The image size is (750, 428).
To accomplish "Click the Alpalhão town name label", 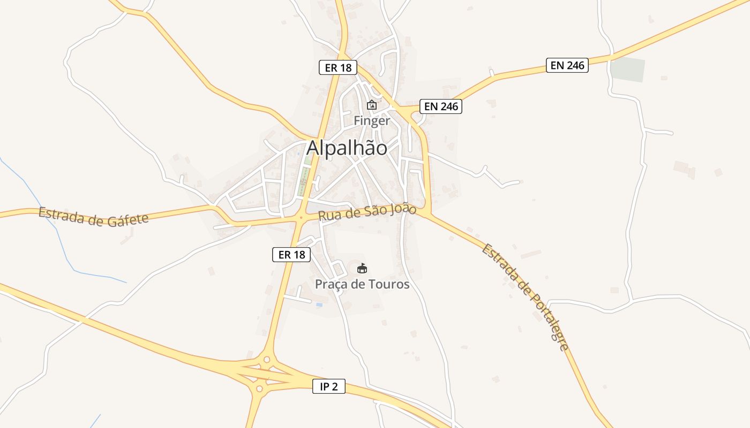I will (x=347, y=148).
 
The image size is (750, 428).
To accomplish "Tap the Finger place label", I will (x=372, y=121).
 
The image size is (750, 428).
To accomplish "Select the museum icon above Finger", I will (x=372, y=105).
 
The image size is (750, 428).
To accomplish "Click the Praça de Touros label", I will (x=362, y=284).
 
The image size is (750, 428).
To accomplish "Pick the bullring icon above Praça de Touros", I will (x=362, y=268).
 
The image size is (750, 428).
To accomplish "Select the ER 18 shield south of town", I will (x=291, y=255).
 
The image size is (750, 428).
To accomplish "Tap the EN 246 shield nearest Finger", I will (x=440, y=106).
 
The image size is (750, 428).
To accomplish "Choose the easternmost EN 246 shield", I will (x=567, y=65).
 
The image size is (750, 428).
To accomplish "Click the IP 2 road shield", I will (x=328, y=386).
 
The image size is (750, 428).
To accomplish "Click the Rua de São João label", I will (x=367, y=213).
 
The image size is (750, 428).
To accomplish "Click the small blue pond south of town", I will (x=319, y=304).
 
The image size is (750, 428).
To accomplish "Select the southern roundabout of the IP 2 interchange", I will (x=261, y=387).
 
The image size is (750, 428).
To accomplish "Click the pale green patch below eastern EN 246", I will (x=627, y=70).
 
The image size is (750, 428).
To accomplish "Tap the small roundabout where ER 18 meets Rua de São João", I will (x=301, y=218).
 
